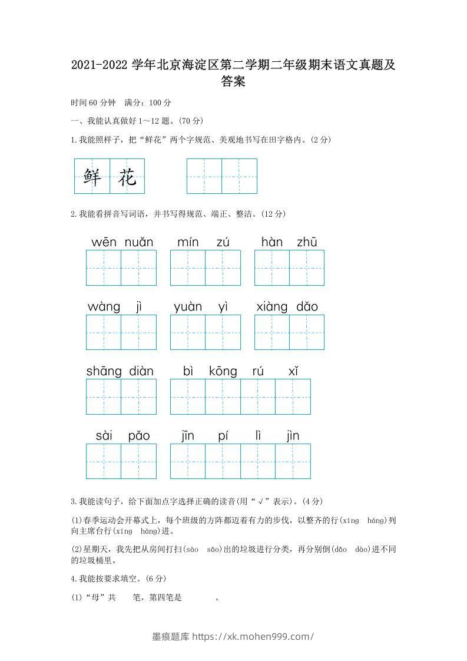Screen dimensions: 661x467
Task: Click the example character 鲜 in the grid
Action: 92,176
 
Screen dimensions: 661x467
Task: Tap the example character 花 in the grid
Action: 127,176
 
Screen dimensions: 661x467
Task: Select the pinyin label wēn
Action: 104,242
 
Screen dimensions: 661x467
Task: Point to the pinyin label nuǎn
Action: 139,242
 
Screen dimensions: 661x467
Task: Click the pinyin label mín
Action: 188,242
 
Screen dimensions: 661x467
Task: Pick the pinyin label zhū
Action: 307,242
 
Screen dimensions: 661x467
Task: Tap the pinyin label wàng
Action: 104,307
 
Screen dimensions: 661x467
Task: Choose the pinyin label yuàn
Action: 188,307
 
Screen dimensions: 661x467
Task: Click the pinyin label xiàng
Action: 272,307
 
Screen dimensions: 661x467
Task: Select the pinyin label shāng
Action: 104,371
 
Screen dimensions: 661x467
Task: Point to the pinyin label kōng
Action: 223,371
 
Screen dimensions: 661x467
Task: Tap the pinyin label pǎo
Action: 139,436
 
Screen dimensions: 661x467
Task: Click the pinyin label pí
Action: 223,436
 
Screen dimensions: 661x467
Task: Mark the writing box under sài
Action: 104,461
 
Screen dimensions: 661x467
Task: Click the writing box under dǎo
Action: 307,332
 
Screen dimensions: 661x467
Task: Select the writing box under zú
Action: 223,268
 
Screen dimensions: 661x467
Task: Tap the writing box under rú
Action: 258,396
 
